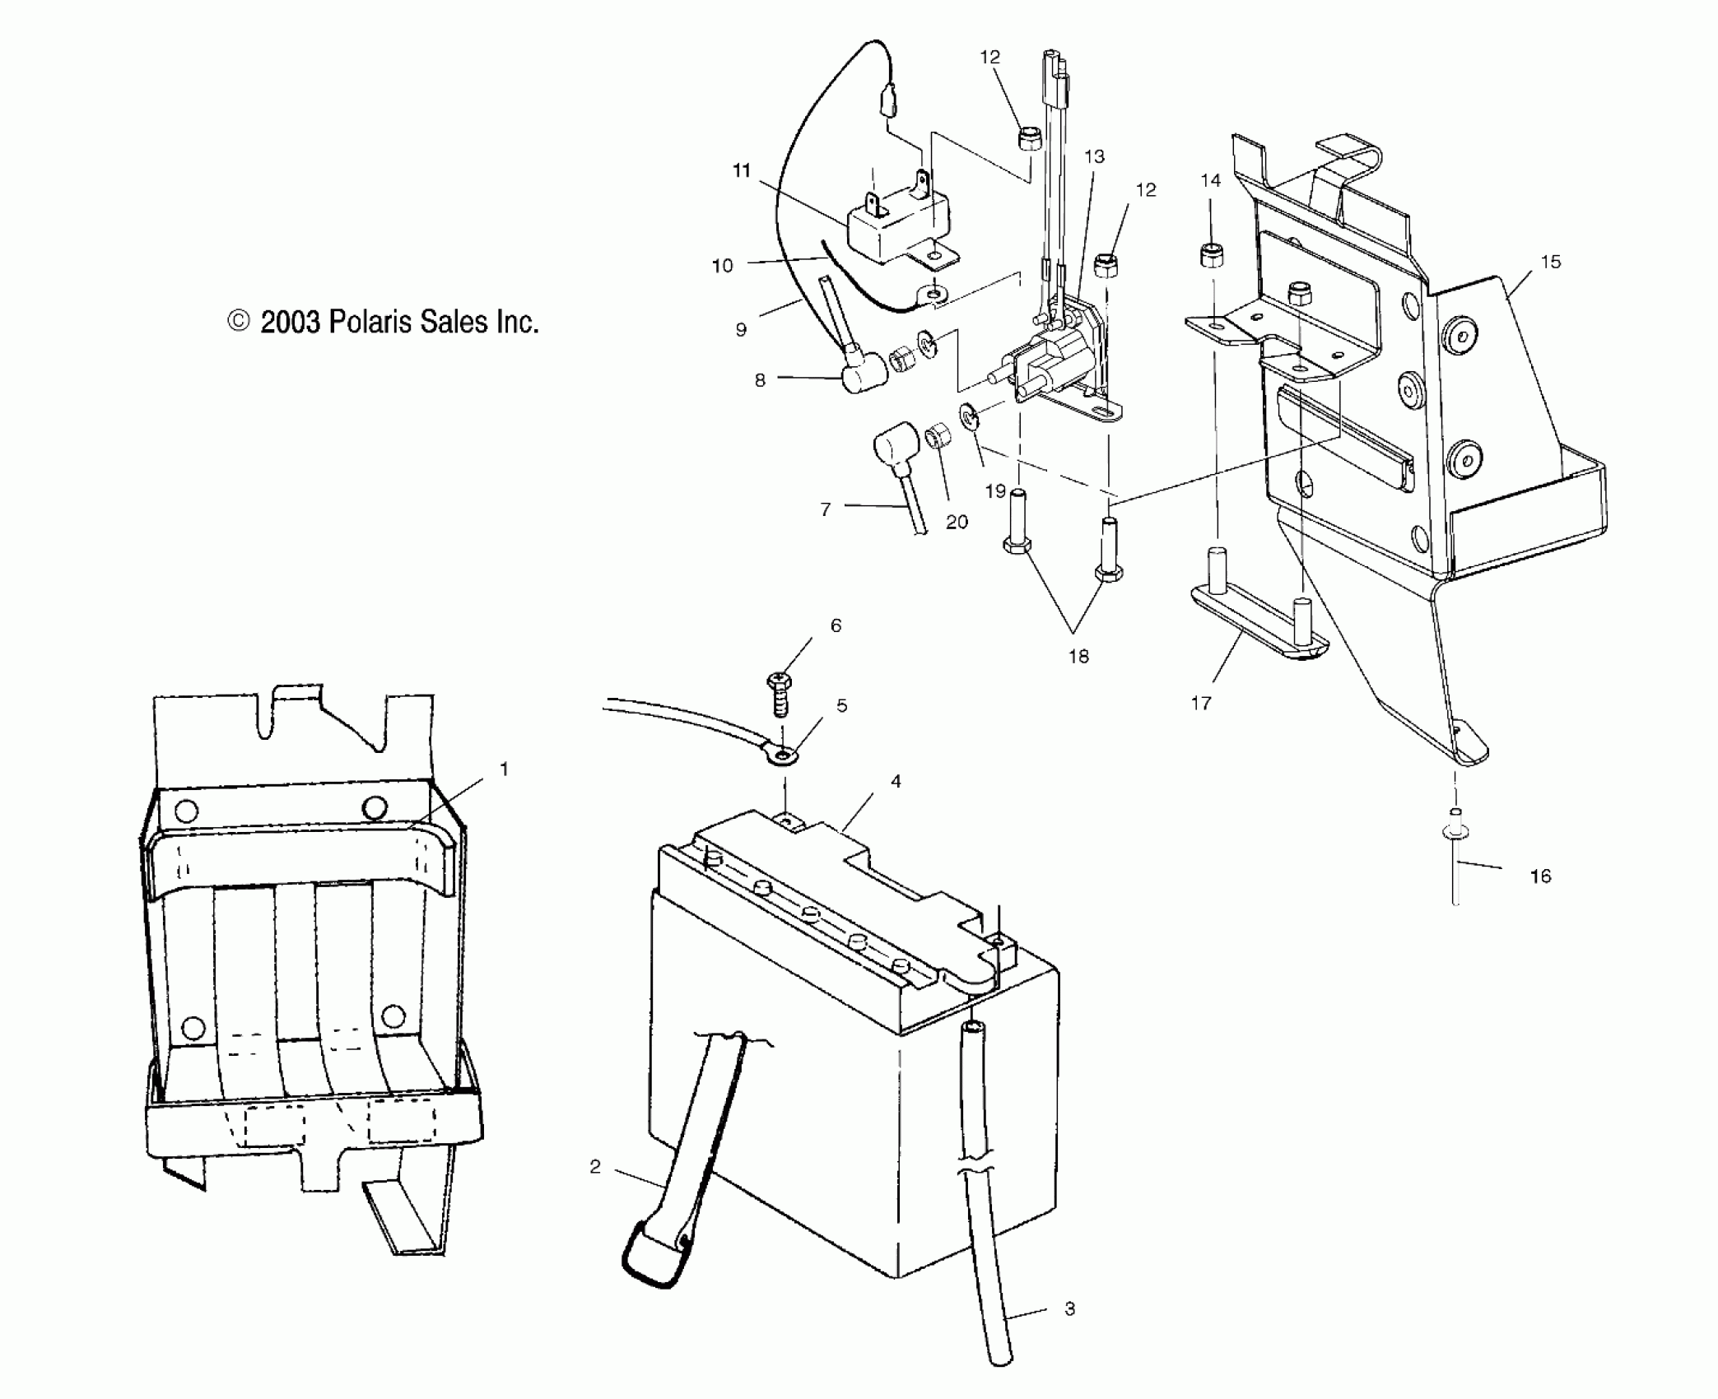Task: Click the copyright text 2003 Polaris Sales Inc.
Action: (x=384, y=322)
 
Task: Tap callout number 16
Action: (x=1540, y=876)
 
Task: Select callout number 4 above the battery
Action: (x=896, y=781)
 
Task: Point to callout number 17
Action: (x=1201, y=703)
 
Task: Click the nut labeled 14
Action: (x=1209, y=256)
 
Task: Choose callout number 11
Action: (x=742, y=170)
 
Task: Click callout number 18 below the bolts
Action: (x=1078, y=657)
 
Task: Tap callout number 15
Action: (x=1551, y=262)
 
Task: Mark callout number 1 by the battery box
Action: (x=504, y=769)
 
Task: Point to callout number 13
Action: (x=1094, y=156)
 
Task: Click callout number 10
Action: (x=722, y=266)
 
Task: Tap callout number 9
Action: (x=741, y=330)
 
